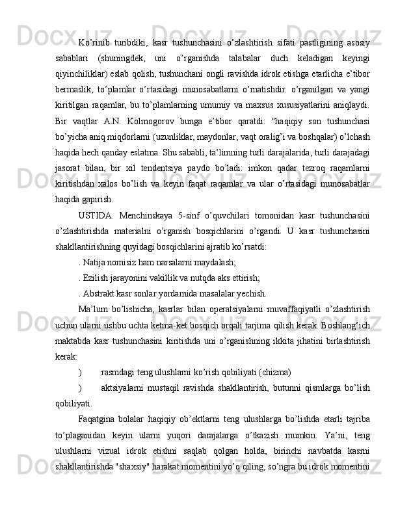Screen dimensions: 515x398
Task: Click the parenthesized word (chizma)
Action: tap(271, 372)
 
